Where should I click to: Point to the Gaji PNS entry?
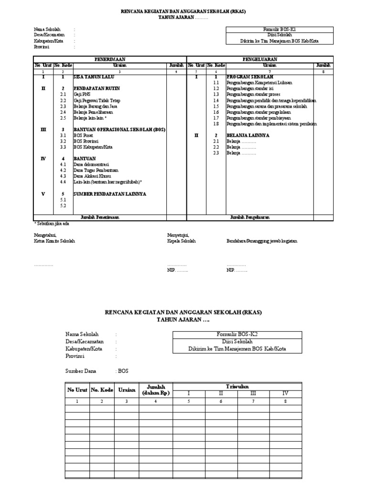pos(82,95)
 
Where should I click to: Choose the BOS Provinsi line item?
pos(86,142)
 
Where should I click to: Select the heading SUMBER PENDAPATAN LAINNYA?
pos(109,194)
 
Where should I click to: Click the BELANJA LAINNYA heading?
pos(248,135)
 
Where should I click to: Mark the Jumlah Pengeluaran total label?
pos(250,217)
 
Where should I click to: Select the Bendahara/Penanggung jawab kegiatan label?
pos(262,241)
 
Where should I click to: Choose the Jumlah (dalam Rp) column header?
pos(156,390)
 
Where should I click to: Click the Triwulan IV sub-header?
pos(285,393)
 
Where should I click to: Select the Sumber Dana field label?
pos(80,371)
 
